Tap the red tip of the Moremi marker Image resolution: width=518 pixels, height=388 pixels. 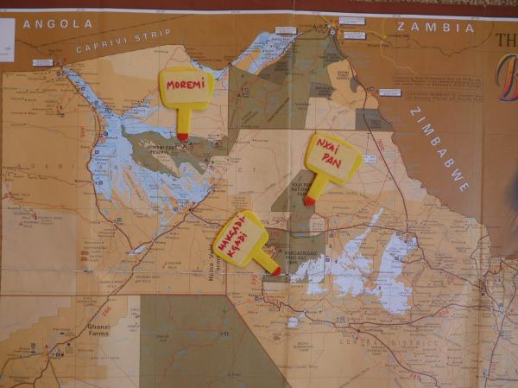pos(183,136)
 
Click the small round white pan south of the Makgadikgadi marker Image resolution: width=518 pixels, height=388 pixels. pos(294,322)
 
